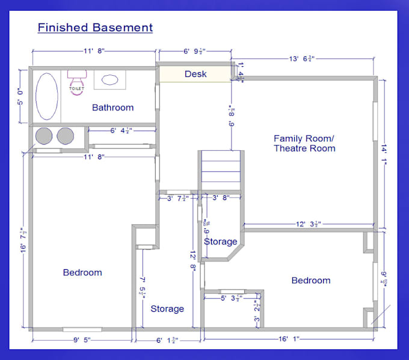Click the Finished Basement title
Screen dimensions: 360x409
coord(95,28)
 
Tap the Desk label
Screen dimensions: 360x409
coord(195,74)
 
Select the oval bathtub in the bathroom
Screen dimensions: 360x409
coord(47,97)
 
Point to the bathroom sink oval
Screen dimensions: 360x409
coord(110,79)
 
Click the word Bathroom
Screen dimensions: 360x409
coord(112,108)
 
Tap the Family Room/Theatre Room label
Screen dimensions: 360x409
coord(304,143)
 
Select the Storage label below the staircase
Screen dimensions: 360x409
coord(220,242)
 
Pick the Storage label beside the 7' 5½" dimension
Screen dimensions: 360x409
coord(167,309)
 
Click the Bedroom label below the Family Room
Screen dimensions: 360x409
coord(311,281)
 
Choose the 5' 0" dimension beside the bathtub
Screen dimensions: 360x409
coord(20,97)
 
